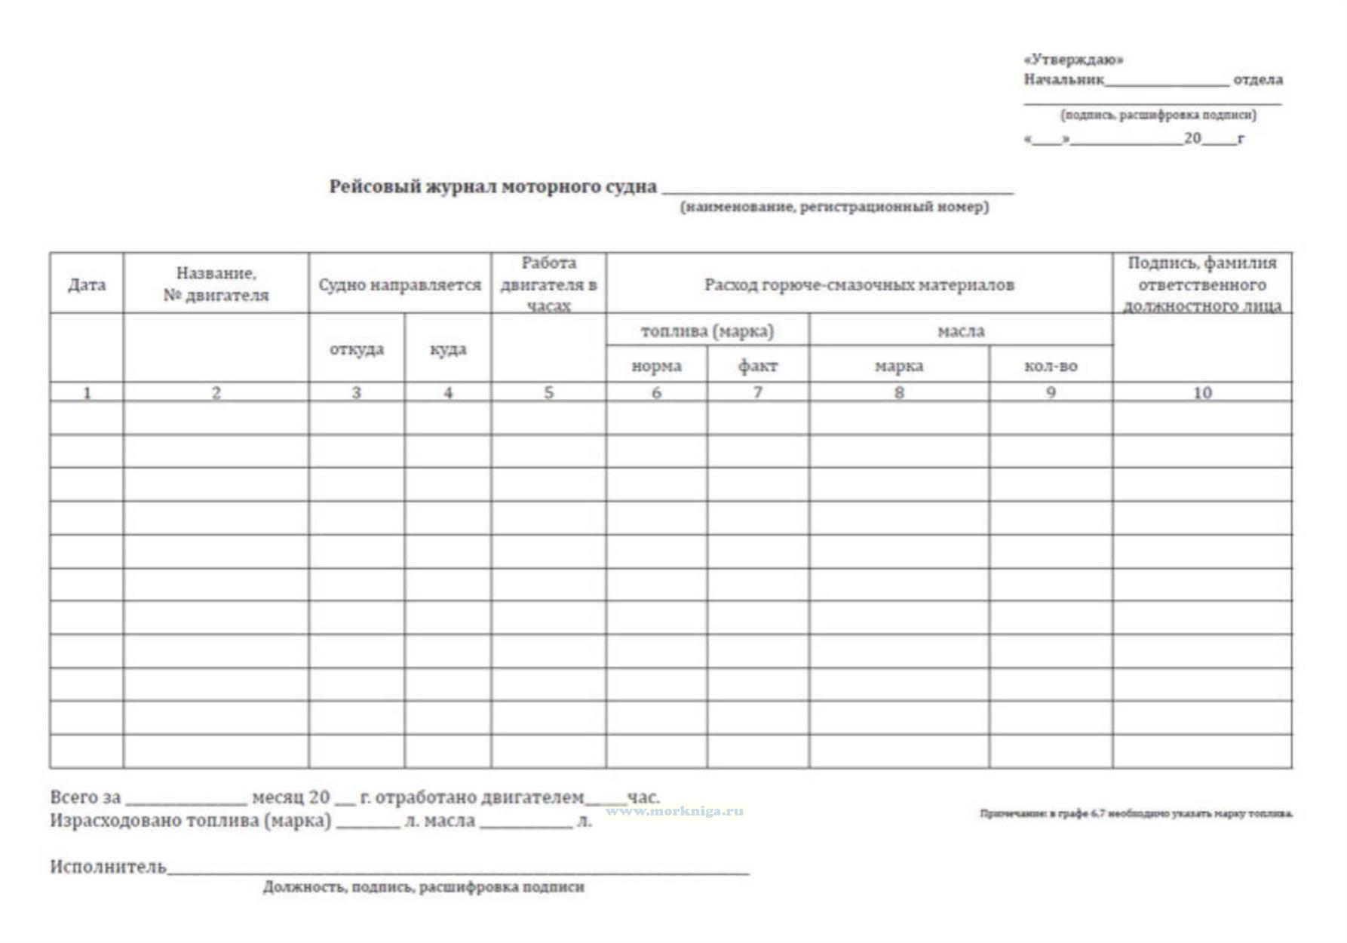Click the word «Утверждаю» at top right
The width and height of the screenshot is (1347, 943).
(x=1073, y=60)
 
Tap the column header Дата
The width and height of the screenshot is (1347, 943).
(x=87, y=284)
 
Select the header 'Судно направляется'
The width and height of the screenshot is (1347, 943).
(x=400, y=284)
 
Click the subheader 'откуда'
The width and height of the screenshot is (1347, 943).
(x=357, y=349)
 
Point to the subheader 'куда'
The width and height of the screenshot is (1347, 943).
(x=448, y=349)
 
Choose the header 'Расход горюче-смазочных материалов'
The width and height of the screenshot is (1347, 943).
(x=859, y=284)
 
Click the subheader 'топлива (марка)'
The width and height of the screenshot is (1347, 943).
(x=707, y=330)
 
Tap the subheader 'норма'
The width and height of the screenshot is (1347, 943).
(x=656, y=366)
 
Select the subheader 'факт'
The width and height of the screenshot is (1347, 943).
(x=758, y=366)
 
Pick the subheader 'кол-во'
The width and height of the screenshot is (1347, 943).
(x=1051, y=366)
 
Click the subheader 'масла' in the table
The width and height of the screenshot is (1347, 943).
(x=961, y=330)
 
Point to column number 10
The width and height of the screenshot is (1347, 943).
(x=1202, y=392)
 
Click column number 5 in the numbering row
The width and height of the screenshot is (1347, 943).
(x=548, y=392)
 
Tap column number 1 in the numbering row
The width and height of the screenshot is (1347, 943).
(x=87, y=392)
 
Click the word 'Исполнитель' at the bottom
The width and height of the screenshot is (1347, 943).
(x=108, y=866)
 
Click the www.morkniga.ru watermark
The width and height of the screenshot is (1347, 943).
(x=674, y=811)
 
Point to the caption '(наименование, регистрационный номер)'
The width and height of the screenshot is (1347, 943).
(x=835, y=207)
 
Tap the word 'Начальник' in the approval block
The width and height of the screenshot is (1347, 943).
(x=1063, y=79)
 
